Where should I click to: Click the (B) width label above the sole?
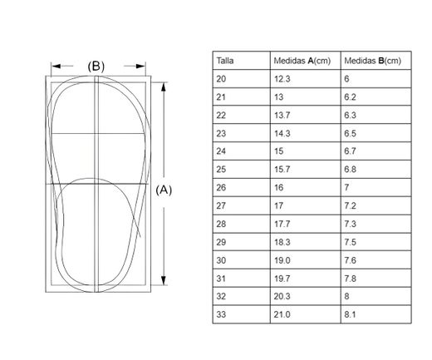click(x=96, y=67)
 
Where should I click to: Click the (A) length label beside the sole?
click(x=164, y=190)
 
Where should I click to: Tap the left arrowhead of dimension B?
click(x=56, y=66)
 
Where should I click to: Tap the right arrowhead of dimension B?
click(x=140, y=66)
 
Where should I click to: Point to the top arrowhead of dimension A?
click(x=164, y=86)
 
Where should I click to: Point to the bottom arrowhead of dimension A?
click(x=164, y=280)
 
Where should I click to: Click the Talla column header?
click(x=225, y=61)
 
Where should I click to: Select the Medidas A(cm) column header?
click(x=302, y=61)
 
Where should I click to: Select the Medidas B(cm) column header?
click(x=372, y=61)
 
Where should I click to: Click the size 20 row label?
click(x=221, y=79)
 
